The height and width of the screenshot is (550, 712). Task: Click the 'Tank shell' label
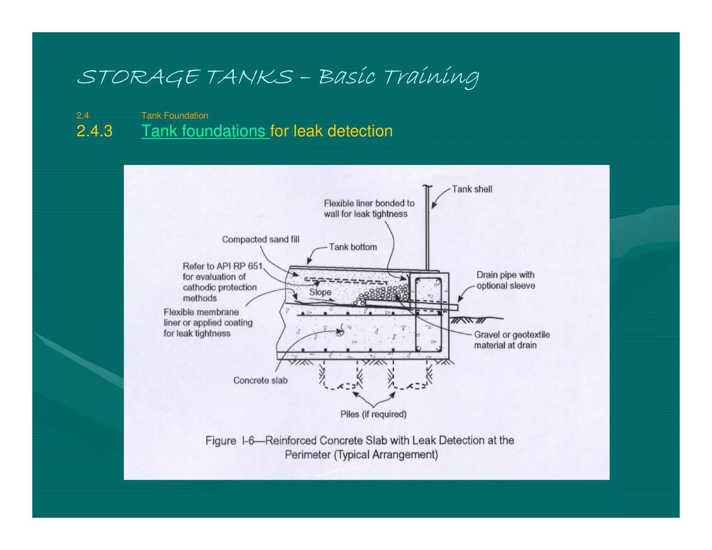472,189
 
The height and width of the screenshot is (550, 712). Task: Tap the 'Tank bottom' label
353,247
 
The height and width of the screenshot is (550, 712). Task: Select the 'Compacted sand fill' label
260,239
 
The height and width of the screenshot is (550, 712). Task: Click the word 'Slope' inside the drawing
320,292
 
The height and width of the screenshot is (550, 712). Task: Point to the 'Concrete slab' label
260,380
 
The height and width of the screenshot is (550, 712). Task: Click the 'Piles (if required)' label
373,414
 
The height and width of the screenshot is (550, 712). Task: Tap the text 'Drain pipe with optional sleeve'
505,280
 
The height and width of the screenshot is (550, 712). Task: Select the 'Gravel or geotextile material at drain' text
511,340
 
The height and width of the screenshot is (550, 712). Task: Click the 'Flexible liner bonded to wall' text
369,208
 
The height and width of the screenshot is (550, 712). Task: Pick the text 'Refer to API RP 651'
222,266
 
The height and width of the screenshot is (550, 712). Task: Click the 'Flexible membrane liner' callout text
208,323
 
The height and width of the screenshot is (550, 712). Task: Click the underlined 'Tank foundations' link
205,131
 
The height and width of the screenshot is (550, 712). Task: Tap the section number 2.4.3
94,131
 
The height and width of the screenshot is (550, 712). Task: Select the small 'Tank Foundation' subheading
175,115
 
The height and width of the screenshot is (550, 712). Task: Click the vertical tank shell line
427,229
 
